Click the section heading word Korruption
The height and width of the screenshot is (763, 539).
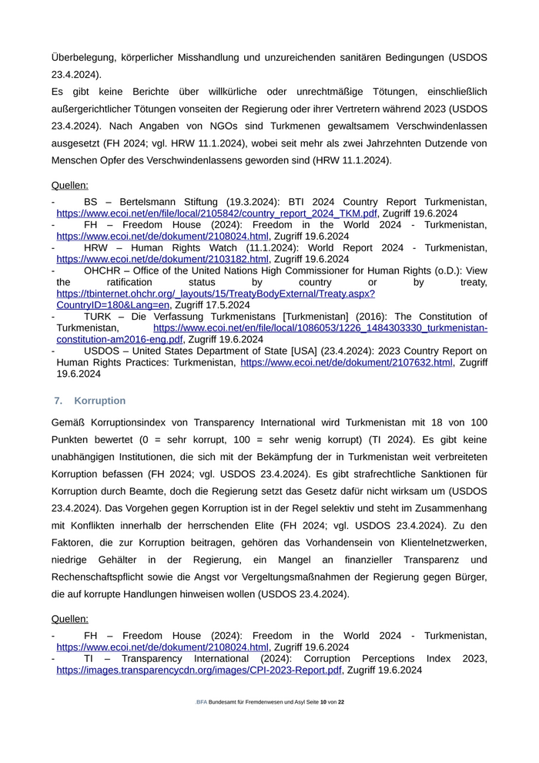coord(99,401)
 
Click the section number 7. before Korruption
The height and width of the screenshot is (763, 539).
coord(58,401)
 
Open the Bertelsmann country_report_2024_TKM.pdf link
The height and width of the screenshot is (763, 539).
coord(216,213)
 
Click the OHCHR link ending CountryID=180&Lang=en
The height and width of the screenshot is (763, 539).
coord(112,304)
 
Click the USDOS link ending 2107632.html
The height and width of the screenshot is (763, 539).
coord(346,362)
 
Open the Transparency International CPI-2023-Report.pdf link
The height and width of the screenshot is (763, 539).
coord(199,671)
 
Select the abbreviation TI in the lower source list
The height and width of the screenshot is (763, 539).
coord(89,659)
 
